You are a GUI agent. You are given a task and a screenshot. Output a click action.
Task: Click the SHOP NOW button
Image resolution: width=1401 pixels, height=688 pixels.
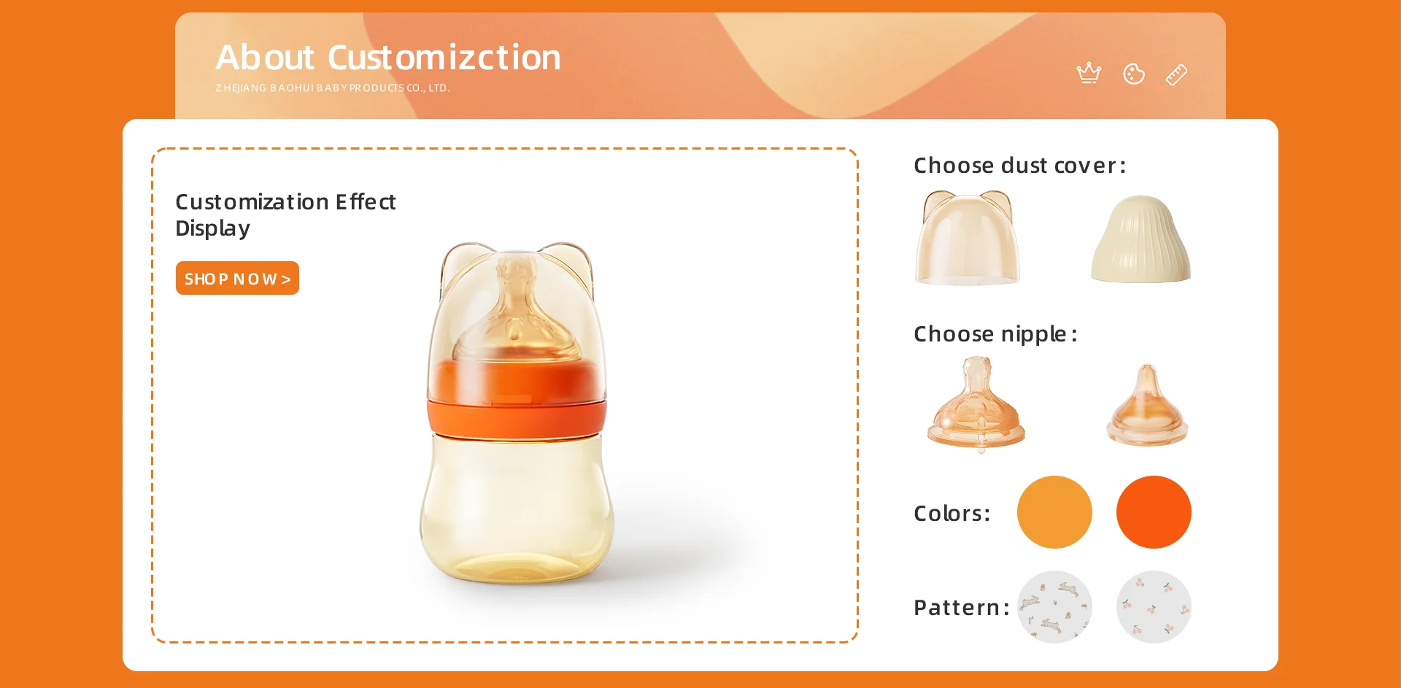[x=237, y=278]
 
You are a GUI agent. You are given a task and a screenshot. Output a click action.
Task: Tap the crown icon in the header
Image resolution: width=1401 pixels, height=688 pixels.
[x=1089, y=73]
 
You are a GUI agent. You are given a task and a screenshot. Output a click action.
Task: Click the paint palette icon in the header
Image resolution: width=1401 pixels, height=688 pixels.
[x=1133, y=74]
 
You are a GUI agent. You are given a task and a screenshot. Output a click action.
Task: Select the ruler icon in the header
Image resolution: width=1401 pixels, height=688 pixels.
[x=1176, y=74]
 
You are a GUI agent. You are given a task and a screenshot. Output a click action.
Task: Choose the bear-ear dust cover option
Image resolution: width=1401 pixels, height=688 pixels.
[x=968, y=238]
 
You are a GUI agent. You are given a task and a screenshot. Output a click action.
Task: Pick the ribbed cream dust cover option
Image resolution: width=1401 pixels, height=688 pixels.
[x=1141, y=239]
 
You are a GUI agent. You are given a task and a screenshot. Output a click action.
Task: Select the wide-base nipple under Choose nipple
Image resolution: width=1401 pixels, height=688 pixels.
[x=976, y=403]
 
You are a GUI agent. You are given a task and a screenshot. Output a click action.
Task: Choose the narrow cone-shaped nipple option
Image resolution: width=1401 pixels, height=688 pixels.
[x=1147, y=406]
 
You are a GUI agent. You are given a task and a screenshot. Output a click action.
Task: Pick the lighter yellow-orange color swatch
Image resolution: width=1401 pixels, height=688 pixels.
[x=1054, y=512]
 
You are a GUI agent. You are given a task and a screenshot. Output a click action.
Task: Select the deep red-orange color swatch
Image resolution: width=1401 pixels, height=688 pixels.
[x=1154, y=512]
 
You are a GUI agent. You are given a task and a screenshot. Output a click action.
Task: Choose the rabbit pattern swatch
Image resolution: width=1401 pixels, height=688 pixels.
[x=1054, y=607]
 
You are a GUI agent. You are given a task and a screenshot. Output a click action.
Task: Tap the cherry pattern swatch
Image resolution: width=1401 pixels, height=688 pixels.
[x=1154, y=607]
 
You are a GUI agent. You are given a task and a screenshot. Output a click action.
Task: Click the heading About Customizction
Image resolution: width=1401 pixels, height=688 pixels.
[x=388, y=57]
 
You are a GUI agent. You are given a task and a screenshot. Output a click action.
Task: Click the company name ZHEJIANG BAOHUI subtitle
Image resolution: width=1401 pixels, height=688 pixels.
[x=333, y=88]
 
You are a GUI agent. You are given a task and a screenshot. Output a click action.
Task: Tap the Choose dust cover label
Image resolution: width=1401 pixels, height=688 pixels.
[x=1019, y=166]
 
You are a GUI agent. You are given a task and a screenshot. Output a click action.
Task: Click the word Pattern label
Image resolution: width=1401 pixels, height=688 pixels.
[x=961, y=608]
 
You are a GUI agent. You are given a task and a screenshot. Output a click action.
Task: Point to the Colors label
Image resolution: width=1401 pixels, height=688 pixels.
[x=952, y=514]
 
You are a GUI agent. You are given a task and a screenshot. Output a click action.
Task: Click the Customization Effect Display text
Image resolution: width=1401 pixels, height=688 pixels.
[x=285, y=214]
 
